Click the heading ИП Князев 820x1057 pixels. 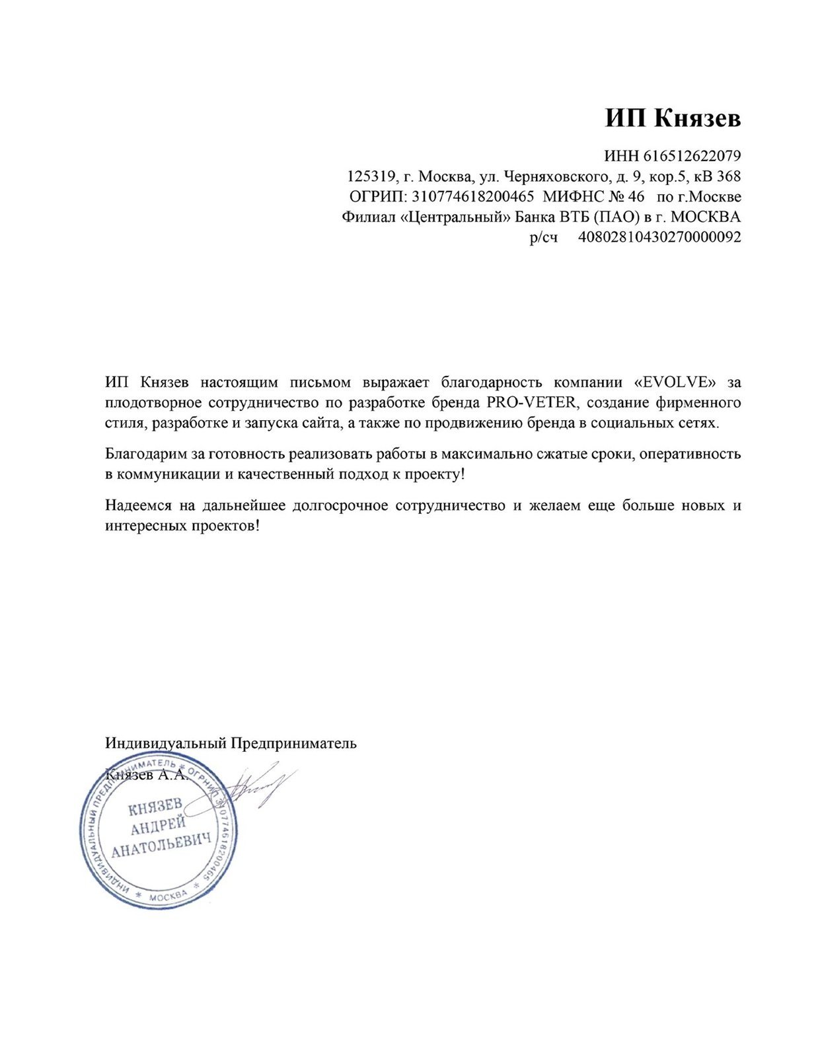(x=673, y=119)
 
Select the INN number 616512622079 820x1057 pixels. (x=692, y=157)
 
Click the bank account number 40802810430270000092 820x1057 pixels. (x=659, y=237)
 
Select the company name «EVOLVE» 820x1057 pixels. (x=675, y=383)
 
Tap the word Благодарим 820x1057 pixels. (x=137, y=455)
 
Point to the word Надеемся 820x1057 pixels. (x=135, y=506)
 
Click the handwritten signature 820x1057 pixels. (x=254, y=786)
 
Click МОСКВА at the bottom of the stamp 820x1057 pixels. (x=168, y=898)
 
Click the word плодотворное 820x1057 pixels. (x=149, y=402)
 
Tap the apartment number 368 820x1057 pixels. (x=728, y=176)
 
